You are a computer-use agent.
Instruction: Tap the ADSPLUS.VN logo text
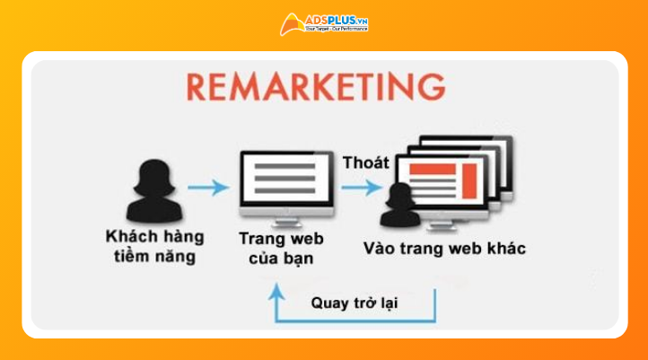click(x=337, y=18)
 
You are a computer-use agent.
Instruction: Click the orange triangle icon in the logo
click(x=292, y=22)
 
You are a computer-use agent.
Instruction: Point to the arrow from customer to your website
click(x=208, y=188)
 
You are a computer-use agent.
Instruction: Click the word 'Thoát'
click(x=366, y=162)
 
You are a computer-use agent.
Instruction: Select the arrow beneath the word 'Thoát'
click(x=363, y=188)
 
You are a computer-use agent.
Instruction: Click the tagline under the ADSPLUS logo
click(x=336, y=29)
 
